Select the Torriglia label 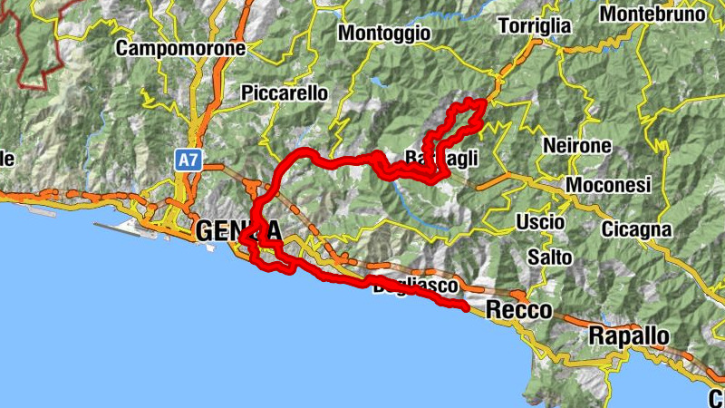click(535, 25)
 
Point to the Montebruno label click(652, 15)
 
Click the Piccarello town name click(285, 92)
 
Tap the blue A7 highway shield click(188, 160)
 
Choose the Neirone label click(577, 145)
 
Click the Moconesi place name click(608, 185)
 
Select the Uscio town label click(540, 222)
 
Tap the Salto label click(549, 257)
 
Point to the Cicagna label click(635, 229)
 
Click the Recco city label click(518, 310)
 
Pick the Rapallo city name click(629, 336)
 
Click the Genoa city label click(237, 232)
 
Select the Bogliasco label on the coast click(413, 286)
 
